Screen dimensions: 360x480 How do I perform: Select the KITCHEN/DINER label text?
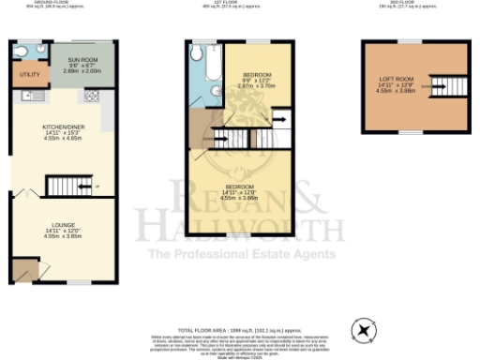[57, 130]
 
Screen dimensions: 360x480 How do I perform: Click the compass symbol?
[362, 331]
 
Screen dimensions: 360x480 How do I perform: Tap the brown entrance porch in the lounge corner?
[25, 271]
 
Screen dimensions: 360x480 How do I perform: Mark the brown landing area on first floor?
[200, 127]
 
